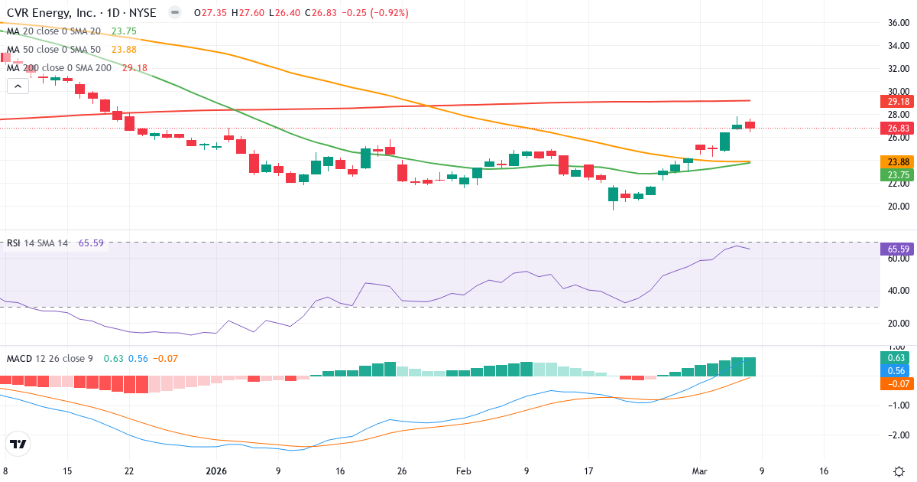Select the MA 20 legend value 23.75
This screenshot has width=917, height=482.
pos(124,31)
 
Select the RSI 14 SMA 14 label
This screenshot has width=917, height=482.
pos(37,243)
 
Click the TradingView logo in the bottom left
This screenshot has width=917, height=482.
pos(18,444)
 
